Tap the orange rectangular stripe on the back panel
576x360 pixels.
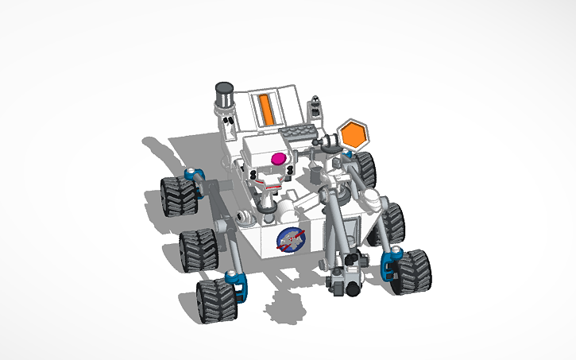pos(266,109)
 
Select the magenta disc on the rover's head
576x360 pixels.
pos(279,160)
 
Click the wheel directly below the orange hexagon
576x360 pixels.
pos(365,169)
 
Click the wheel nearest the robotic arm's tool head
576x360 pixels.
pos(411,272)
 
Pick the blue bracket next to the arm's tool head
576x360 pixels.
pos(390,262)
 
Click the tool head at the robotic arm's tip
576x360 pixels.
pos(348,275)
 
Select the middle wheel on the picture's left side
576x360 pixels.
pos(196,250)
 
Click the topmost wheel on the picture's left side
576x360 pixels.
pos(177,196)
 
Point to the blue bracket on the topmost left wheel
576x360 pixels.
pos(191,174)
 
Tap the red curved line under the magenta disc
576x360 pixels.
pos(273,187)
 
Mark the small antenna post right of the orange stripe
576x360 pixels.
pos(316,106)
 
